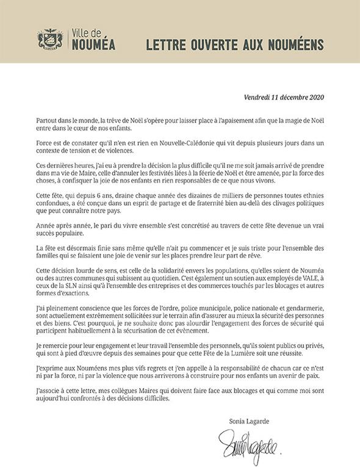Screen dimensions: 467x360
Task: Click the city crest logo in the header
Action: pos(51,40)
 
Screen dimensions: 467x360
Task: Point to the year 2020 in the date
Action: pos(314,96)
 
